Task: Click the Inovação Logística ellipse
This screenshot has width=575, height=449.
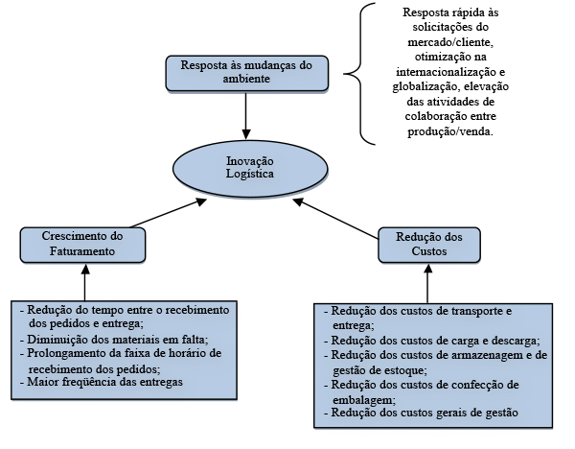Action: coord(250,169)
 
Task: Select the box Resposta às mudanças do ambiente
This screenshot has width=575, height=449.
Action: coord(247,74)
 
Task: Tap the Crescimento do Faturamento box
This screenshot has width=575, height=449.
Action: coord(82,245)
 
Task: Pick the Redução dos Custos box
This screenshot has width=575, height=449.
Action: coord(429,245)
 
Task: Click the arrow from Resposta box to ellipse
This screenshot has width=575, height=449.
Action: coord(246,116)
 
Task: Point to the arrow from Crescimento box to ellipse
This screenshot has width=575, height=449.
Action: coord(168,213)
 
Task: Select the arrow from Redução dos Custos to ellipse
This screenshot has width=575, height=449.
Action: coord(335,219)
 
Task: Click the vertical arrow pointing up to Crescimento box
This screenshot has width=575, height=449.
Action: coord(85,282)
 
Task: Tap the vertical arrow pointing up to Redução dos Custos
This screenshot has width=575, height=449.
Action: coord(428,283)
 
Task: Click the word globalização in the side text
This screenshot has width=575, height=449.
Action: coord(424,86)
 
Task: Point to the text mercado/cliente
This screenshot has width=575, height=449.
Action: coord(450,42)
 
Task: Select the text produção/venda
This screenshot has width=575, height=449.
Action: coord(450,131)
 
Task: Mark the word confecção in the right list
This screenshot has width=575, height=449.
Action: coord(473,385)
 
